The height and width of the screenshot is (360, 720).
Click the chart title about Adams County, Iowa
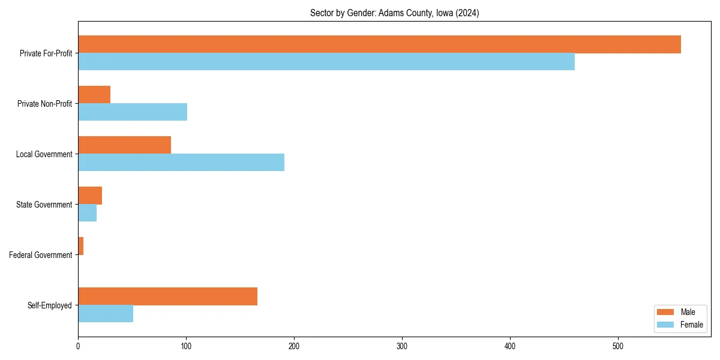tap(394, 13)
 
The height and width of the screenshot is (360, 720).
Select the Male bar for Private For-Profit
tap(379, 44)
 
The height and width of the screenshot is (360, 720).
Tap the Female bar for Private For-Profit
tap(326, 62)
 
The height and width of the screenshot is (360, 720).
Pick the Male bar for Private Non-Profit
tap(94, 95)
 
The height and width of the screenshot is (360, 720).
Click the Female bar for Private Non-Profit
tap(133, 112)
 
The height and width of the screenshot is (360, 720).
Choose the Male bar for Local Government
tap(124, 145)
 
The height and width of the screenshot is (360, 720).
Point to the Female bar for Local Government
tap(181, 163)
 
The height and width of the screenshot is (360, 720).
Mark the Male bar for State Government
tap(90, 196)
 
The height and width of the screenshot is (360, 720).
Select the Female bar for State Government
tap(88, 213)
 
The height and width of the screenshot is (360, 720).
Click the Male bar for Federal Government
tap(81, 246)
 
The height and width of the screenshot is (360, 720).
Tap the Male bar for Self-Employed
tap(167, 296)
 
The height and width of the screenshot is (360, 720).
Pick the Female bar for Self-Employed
tap(106, 314)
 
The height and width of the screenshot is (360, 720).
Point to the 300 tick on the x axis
tap(402, 346)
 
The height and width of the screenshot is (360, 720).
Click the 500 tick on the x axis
tap(618, 346)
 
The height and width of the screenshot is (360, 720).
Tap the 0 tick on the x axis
tap(78, 346)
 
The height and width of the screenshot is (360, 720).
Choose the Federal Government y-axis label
tap(41, 255)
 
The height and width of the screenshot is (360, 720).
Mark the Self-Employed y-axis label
tap(50, 305)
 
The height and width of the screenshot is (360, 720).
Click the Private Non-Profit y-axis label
tap(44, 104)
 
